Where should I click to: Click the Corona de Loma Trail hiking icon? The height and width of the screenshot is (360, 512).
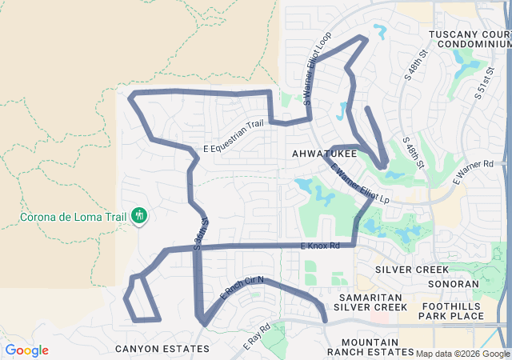(139, 214)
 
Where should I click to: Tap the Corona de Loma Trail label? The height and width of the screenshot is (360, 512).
(74, 216)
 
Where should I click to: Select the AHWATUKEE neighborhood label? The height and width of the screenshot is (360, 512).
(319, 152)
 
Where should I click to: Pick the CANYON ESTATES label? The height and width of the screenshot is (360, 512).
(162, 349)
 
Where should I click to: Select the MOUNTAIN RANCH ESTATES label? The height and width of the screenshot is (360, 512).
(370, 347)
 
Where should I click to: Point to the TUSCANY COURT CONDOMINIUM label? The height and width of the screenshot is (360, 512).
(469, 39)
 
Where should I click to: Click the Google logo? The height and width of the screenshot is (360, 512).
(26, 350)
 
